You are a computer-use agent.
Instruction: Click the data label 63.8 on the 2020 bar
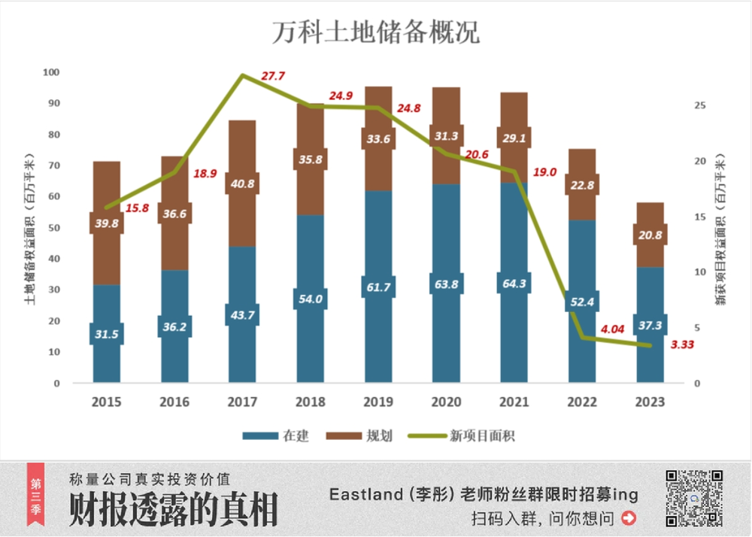pyautogui.click(x=445, y=284)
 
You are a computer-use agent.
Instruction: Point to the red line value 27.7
pyautogui.click(x=273, y=76)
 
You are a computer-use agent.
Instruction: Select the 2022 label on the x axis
pyautogui.click(x=581, y=402)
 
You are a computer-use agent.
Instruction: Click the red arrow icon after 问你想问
pyautogui.click(x=629, y=518)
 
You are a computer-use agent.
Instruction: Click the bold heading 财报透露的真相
pyautogui.click(x=173, y=511)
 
